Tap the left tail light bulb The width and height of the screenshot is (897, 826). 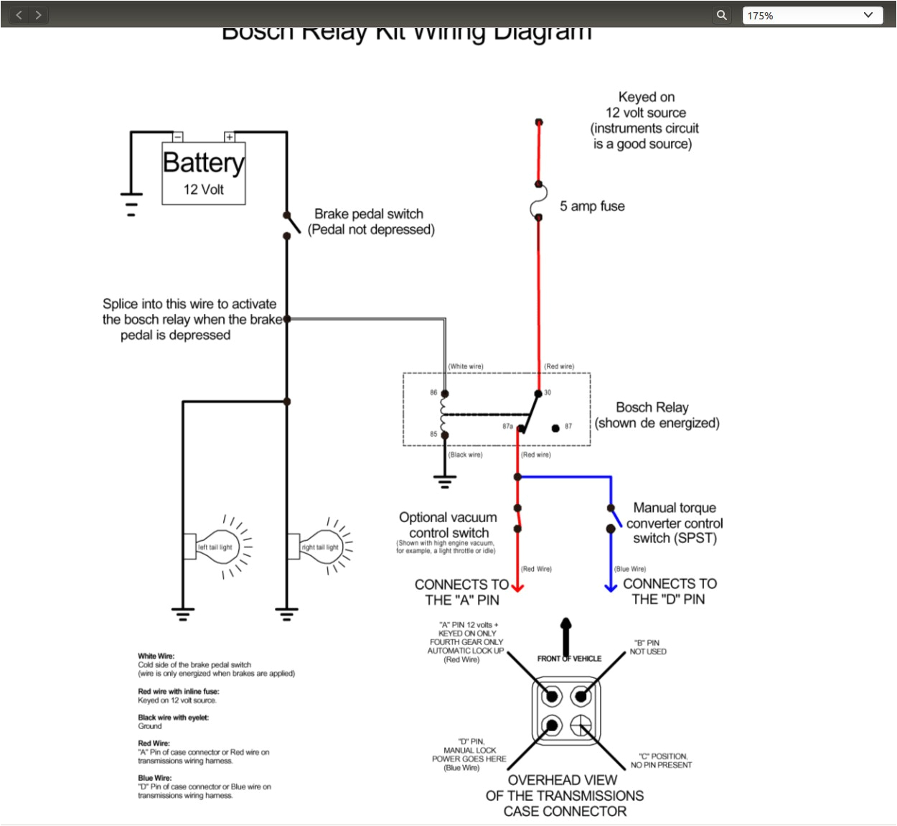click(x=215, y=547)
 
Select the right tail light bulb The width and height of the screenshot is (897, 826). click(x=319, y=547)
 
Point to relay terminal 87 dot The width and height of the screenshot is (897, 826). click(x=555, y=428)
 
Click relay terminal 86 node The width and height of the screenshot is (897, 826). click(x=445, y=394)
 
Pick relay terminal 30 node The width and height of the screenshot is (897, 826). click(x=538, y=394)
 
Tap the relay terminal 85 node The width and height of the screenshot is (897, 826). click(x=445, y=435)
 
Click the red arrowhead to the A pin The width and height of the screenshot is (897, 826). click(x=517, y=588)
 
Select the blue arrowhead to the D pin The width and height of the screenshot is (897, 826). click(x=611, y=588)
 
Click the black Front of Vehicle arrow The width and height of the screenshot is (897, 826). click(x=566, y=632)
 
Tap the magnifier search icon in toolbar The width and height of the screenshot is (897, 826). click(x=722, y=15)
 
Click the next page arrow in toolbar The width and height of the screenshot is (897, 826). click(x=38, y=15)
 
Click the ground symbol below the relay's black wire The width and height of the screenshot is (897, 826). click(x=445, y=481)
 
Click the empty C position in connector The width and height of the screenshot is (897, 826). click(x=581, y=725)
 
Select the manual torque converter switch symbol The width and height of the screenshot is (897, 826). click(x=614, y=519)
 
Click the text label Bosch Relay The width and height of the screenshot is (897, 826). click(x=652, y=407)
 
